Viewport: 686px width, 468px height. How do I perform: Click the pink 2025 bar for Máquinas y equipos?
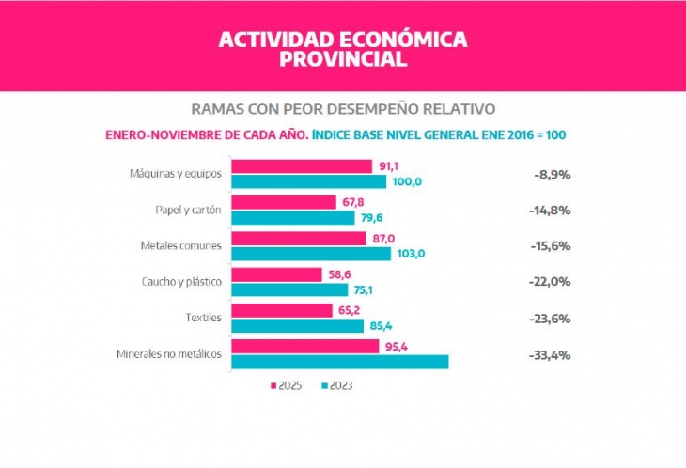pyautogui.click(x=301, y=166)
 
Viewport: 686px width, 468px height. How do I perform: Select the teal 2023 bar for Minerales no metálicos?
pyautogui.click(x=339, y=362)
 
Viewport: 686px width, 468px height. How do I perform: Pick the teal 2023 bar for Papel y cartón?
pyautogui.click(x=292, y=218)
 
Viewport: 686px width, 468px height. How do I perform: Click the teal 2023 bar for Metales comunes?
pyautogui.click(x=310, y=254)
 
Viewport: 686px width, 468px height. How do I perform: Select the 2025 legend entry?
pyautogui.click(x=287, y=386)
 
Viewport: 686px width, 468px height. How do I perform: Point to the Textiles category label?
pyautogui.click(x=204, y=318)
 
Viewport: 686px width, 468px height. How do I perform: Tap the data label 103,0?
pyautogui.click(x=413, y=254)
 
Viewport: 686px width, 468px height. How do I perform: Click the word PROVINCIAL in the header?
pyautogui.click(x=342, y=59)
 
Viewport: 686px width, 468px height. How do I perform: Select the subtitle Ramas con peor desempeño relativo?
pyautogui.click(x=342, y=108)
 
